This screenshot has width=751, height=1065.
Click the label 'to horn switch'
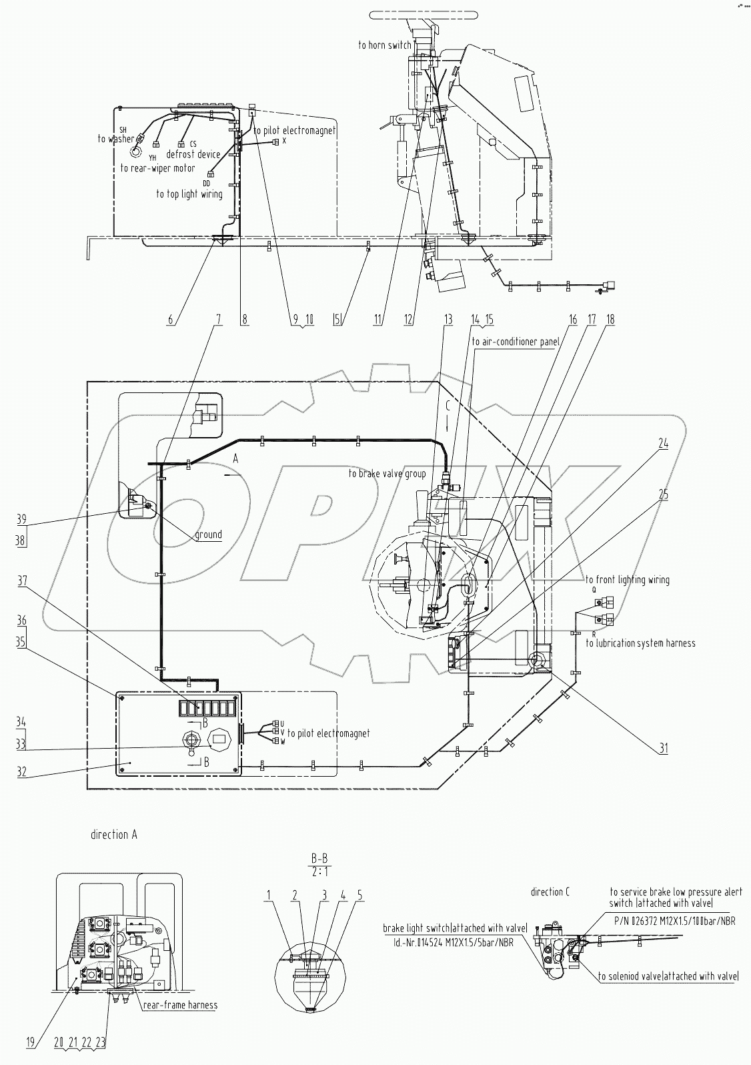coord(384,45)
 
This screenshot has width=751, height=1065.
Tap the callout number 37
coord(23,581)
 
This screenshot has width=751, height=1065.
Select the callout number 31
coord(664,748)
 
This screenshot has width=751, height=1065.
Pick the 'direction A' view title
coord(114,834)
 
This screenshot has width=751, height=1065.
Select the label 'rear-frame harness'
coord(179,1005)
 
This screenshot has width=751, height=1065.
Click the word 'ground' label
coord(208,535)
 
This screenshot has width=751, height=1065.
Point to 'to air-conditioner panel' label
coord(515,342)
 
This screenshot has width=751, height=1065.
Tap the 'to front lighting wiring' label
coord(628,580)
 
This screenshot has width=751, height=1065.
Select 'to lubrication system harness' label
coord(640,643)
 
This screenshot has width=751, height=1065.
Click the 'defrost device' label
coord(193,154)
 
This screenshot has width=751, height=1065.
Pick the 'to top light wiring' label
coord(189,194)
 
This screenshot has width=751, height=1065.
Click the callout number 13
coord(448,320)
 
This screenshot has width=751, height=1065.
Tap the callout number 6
coord(171,320)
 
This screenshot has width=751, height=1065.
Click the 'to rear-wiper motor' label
coord(158,168)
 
